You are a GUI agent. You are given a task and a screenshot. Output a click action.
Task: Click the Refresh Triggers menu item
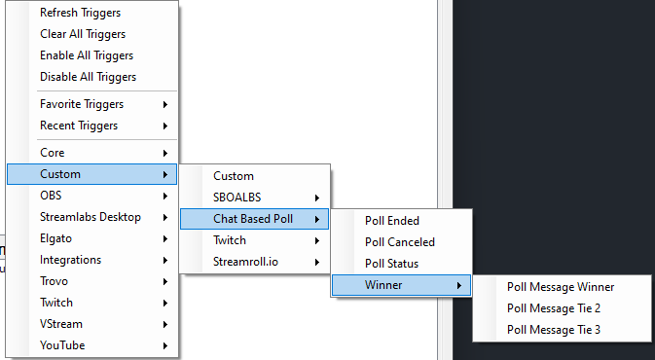(x=80, y=13)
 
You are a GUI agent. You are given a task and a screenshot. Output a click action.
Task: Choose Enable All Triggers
(x=87, y=55)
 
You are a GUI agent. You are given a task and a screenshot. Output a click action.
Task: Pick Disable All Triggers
(x=88, y=77)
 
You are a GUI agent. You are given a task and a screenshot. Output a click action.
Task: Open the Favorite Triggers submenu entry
(x=82, y=104)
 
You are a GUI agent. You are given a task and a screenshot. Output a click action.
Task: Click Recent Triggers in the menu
(x=79, y=126)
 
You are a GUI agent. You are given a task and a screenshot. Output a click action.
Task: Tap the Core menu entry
(x=53, y=153)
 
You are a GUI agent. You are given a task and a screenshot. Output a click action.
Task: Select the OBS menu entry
(x=51, y=196)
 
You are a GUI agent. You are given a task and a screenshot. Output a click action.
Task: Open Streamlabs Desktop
(x=91, y=217)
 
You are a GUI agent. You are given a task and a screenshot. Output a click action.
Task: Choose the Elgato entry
(x=56, y=238)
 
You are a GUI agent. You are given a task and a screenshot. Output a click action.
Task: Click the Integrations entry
(x=70, y=260)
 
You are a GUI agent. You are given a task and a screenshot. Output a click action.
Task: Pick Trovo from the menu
(x=55, y=281)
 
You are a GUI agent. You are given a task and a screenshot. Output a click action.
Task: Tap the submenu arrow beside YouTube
(x=165, y=345)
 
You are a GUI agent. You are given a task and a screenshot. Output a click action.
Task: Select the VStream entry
(x=61, y=324)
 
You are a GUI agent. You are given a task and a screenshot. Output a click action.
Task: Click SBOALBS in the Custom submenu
(x=237, y=198)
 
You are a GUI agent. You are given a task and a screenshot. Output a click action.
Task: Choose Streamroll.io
(x=246, y=262)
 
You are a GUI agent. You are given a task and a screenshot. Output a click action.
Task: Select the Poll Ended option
(x=392, y=221)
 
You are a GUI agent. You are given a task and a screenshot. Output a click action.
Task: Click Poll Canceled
(x=400, y=242)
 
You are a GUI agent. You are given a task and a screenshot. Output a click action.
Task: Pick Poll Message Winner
(x=561, y=287)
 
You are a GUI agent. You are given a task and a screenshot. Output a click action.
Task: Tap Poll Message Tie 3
(x=554, y=330)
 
